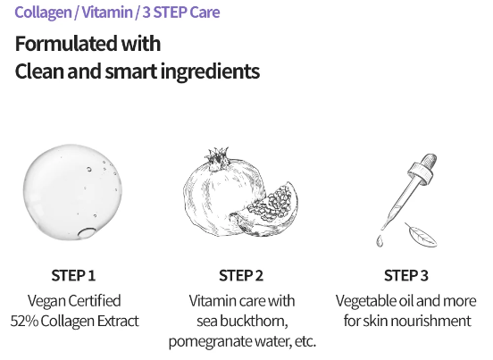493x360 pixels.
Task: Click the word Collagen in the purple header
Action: click(x=43, y=13)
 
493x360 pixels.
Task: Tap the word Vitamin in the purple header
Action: click(x=107, y=13)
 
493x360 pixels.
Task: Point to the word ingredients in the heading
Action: click(x=210, y=71)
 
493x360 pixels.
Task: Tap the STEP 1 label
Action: click(x=73, y=275)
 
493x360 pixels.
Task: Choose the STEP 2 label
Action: click(x=241, y=275)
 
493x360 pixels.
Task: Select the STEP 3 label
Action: click(x=406, y=275)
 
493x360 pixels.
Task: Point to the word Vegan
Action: click(x=46, y=301)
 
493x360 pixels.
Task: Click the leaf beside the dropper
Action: click(x=421, y=235)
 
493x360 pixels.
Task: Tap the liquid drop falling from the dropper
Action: click(x=380, y=241)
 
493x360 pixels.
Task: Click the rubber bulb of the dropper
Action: click(x=428, y=162)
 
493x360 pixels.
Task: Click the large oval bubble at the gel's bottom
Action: click(x=87, y=233)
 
